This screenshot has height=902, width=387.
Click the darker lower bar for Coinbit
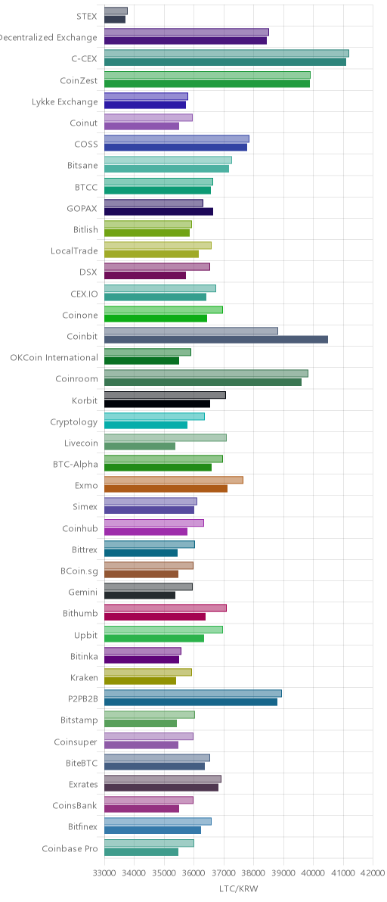point(216,340)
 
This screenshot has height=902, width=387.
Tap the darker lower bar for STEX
point(115,20)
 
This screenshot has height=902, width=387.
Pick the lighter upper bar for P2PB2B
point(193,693)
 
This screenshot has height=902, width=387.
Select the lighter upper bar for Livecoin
point(166,438)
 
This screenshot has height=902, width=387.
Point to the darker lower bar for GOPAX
point(159,212)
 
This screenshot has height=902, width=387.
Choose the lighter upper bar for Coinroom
point(206,373)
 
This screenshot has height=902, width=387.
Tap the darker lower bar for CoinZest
point(207,83)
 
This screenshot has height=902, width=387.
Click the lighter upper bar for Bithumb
point(166,608)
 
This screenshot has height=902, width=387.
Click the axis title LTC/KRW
point(239,889)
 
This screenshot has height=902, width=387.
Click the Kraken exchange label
point(84,677)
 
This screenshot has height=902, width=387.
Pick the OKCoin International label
point(54,357)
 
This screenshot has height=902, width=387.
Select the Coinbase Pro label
point(70,848)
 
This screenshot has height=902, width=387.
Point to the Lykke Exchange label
point(65,102)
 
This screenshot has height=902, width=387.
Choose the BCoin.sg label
point(79,571)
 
